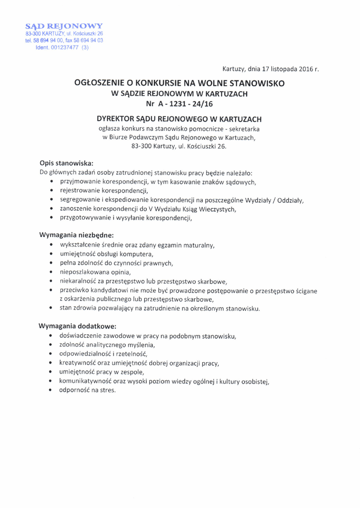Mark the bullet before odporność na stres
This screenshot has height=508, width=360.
coord(52,391)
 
